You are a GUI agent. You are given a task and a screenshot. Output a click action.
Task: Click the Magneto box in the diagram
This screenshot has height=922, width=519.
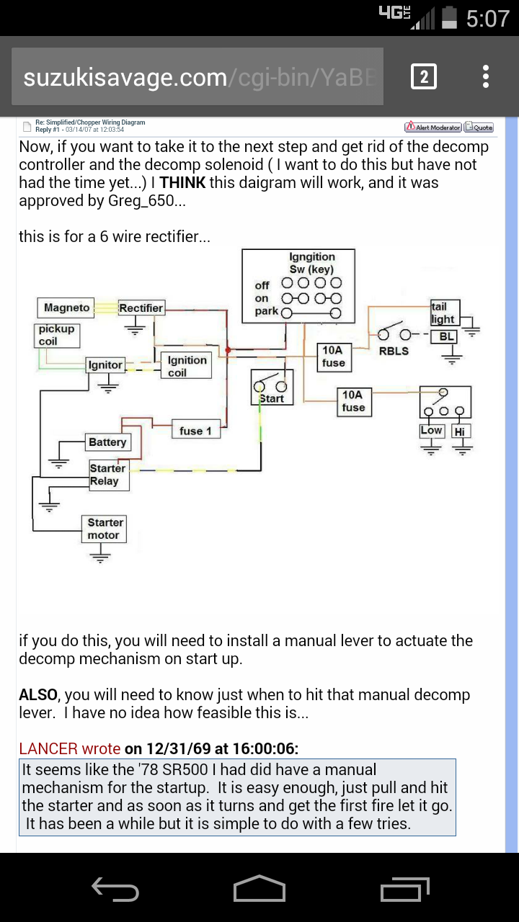tap(66, 308)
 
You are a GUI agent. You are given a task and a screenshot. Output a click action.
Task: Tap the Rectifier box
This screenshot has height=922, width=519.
tap(141, 308)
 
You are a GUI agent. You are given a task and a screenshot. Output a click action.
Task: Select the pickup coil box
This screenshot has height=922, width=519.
tap(56, 335)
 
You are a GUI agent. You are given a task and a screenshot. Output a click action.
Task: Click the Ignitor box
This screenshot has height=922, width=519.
tap(105, 365)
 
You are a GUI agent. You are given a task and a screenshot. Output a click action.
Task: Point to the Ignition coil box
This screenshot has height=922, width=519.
tap(187, 366)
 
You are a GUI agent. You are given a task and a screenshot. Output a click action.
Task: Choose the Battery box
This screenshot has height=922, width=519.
tap(107, 442)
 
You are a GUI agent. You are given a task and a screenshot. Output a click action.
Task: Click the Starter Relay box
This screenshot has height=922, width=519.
tap(108, 475)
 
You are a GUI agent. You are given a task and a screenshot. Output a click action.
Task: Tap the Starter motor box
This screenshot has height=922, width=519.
tap(105, 529)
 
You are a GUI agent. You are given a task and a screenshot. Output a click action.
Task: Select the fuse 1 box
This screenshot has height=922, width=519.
tap(195, 431)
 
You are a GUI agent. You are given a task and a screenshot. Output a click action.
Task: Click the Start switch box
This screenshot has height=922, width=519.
tap(271, 387)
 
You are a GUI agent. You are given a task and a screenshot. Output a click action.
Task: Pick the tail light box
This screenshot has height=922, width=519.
tap(443, 313)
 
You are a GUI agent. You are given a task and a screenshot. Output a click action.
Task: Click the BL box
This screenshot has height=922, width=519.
tap(447, 336)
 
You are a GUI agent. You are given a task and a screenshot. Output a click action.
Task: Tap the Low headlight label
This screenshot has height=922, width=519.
tap(431, 431)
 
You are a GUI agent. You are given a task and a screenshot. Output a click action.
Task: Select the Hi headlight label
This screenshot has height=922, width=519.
tap(460, 431)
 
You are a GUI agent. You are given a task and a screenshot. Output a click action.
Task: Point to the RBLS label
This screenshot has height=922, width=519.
tap(394, 351)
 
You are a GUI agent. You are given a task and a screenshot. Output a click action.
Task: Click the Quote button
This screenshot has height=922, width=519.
tap(479, 127)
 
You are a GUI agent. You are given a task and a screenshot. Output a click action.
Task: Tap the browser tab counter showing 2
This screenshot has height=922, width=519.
tap(423, 76)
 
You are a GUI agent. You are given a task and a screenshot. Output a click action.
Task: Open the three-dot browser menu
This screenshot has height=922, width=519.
tap(486, 76)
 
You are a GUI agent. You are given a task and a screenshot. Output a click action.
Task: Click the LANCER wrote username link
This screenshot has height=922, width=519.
tap(70, 748)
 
